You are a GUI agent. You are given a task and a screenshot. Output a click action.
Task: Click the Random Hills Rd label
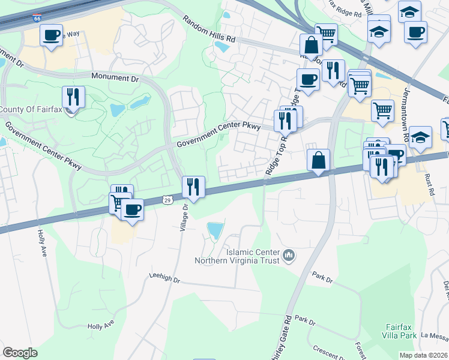[209, 29]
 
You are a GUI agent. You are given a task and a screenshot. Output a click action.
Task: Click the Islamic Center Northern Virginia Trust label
[237, 256]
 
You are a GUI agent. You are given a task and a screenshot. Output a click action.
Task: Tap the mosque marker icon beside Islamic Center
[289, 256]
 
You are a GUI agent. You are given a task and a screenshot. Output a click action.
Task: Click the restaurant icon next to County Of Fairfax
[73, 97]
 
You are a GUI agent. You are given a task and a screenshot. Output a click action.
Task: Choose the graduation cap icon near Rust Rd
[420, 136]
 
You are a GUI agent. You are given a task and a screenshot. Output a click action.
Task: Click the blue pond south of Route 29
[215, 230]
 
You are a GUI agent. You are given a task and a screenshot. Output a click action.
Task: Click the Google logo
[20, 353]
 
